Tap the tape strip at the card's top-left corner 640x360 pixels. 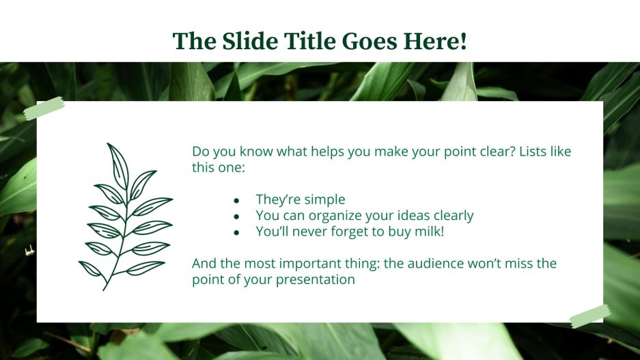tap(44, 109)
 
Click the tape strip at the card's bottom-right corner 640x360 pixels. tap(589, 316)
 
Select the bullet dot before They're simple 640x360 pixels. tap(236, 201)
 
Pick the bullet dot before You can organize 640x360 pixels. tap(236, 217)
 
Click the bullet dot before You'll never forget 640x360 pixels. tap(236, 233)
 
